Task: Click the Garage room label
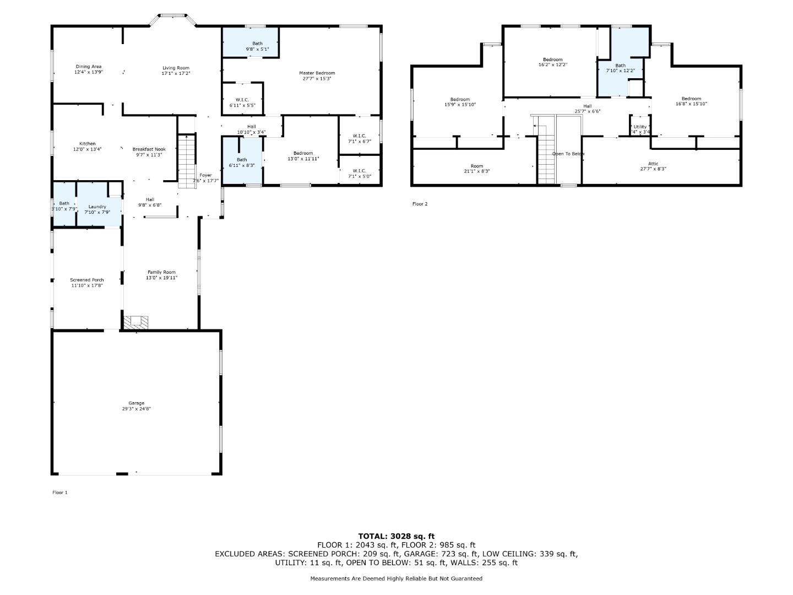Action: point(137,403)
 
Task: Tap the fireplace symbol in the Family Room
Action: point(135,322)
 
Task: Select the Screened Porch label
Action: point(86,280)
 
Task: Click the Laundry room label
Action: point(97,207)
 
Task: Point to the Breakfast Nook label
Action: point(149,149)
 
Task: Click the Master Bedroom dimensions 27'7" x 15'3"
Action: point(317,79)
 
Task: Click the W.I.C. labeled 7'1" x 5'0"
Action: point(359,171)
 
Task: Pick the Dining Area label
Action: point(89,67)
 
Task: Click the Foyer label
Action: point(205,175)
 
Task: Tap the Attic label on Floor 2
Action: point(653,164)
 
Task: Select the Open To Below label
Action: point(568,154)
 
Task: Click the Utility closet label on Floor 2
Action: point(640,127)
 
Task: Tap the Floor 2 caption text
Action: point(420,204)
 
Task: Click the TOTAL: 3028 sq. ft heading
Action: point(396,535)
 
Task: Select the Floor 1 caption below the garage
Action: point(59,493)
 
